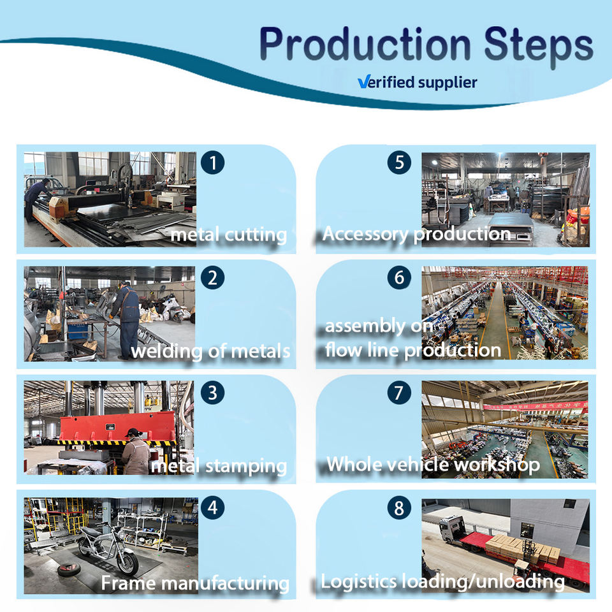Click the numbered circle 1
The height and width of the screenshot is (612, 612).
tap(213, 163)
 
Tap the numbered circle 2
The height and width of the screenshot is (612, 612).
tap(213, 278)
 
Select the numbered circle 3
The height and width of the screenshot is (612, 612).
tap(213, 393)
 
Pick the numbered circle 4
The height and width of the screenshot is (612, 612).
tap(213, 508)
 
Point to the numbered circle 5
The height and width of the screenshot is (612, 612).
tap(399, 163)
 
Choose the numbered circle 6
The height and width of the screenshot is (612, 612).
tap(399, 278)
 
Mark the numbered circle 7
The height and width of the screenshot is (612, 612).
tap(399, 393)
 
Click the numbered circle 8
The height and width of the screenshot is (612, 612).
tap(399, 508)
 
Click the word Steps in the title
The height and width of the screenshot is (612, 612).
tap(538, 45)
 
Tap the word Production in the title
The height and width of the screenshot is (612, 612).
tap(365, 45)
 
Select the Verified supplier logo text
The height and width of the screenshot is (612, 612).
tap(417, 82)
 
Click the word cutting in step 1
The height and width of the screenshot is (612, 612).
tap(256, 235)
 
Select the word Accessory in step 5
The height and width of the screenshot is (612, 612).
tap(365, 235)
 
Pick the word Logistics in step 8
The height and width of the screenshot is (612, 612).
tap(358, 581)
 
